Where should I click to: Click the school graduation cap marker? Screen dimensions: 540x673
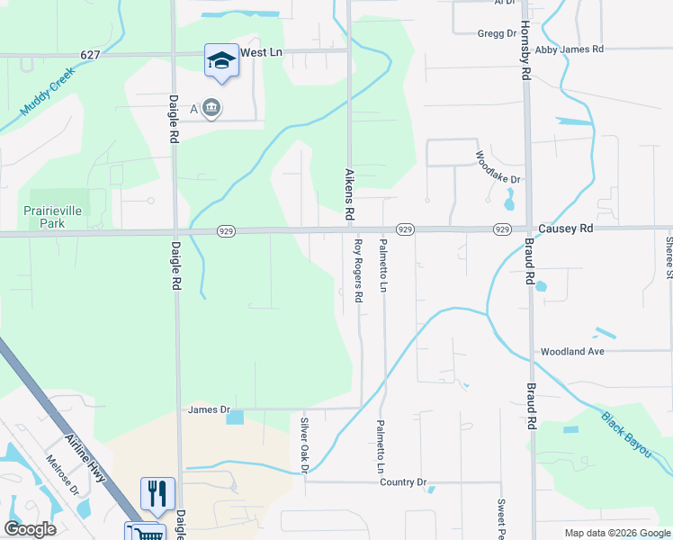[x=221, y=60]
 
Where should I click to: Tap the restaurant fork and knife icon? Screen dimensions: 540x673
[x=157, y=493]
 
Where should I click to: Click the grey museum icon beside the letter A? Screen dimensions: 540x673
[x=212, y=109]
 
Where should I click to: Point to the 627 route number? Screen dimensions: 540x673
[x=89, y=55]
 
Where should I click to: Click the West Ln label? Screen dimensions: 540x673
[x=261, y=53]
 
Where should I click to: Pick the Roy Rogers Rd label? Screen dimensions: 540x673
[x=358, y=270]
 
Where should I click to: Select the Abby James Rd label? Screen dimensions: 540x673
[x=569, y=49]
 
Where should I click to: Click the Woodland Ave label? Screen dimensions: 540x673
[x=571, y=351]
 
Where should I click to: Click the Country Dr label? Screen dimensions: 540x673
[x=402, y=482]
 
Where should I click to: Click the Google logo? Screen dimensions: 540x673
[x=30, y=529]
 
